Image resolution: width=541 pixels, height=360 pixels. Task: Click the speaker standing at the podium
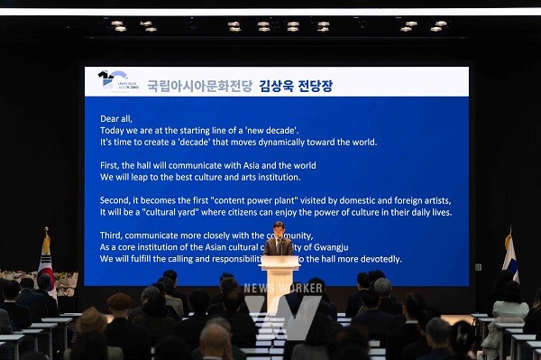pyautogui.click(x=279, y=238)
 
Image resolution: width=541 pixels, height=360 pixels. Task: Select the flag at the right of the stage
pyautogui.click(x=509, y=257)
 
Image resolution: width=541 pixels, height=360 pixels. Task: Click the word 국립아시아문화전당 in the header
pyautogui.click(x=199, y=86)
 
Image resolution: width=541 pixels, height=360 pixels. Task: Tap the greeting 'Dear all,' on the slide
pyautogui.click(x=116, y=118)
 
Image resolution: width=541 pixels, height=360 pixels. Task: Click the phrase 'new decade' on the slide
pyautogui.click(x=269, y=130)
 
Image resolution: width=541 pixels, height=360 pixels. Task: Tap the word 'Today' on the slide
pyautogui.click(x=113, y=130)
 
